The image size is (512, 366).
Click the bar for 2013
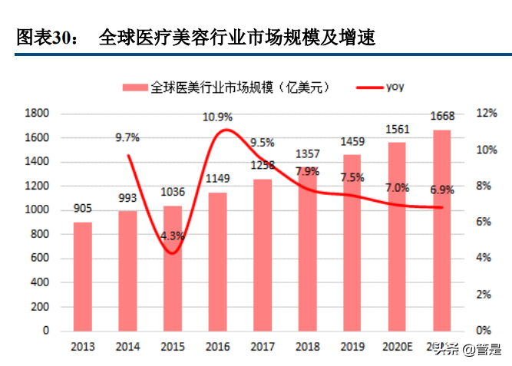pos(83,276)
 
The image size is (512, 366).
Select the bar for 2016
pos(217,261)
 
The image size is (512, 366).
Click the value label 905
pos(83,208)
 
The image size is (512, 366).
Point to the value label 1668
pos(442,117)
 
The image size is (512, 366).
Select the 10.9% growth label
pos(217,117)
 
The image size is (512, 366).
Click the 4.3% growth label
pos(173,236)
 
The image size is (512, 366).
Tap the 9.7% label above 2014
pos(127,137)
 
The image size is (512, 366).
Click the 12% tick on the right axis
pos(487,114)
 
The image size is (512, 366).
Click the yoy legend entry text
pos(395,87)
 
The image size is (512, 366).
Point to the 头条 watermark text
pos(445,351)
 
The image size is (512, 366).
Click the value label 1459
pos(352,142)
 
